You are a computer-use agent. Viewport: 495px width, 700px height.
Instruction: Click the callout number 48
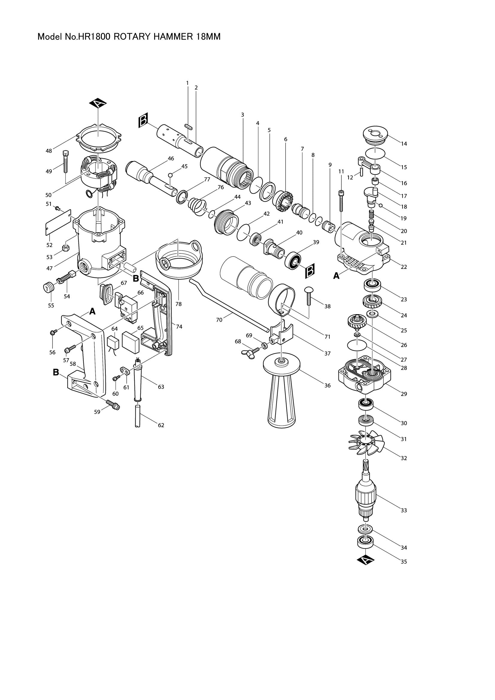pyautogui.click(x=49, y=151)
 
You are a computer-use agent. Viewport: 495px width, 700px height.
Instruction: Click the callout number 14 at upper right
pyautogui.click(x=404, y=144)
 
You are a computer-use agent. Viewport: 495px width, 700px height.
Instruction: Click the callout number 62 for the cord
pyautogui.click(x=161, y=425)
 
